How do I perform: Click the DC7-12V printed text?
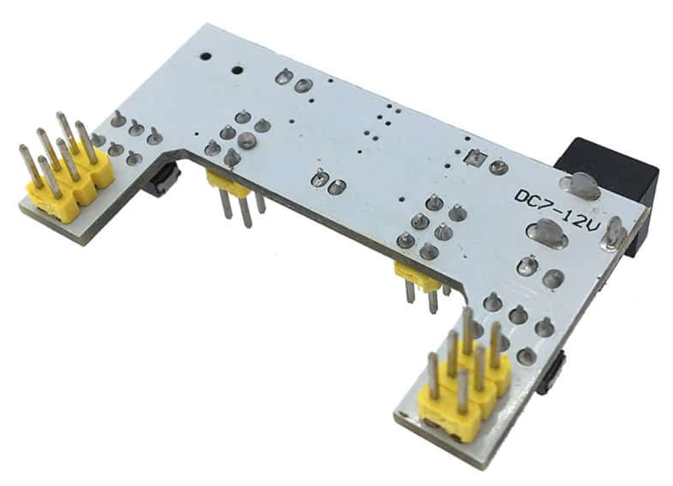coord(557,212)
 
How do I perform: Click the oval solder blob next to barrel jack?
coord(580,186)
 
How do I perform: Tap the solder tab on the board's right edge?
coord(613,234)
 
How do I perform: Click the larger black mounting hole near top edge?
coord(237,71)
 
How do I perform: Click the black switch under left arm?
coord(163,180)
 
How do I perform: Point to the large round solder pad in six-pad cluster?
coord(245,140)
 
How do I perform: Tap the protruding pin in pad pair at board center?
coord(320,178)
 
